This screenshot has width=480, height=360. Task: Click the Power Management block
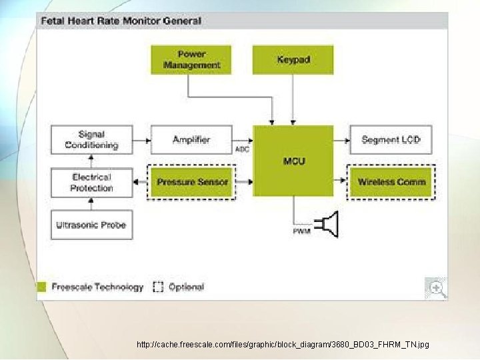191,59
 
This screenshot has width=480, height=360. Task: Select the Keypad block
293,59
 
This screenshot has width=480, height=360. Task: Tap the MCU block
293,161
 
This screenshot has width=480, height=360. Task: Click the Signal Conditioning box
91,140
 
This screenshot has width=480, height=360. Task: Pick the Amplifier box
191,140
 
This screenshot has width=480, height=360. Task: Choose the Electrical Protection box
91,183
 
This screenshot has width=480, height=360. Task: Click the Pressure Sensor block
192,182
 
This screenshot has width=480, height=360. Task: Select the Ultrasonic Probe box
91,225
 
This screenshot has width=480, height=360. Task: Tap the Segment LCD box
391,140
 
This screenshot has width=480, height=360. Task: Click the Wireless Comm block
391,182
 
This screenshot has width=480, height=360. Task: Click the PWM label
301,231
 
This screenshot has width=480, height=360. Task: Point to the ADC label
243,149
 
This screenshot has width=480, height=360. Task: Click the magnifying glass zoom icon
437,288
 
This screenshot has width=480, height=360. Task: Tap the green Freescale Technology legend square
41,287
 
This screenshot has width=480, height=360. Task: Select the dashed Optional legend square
158,287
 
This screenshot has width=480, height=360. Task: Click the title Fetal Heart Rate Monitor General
121,20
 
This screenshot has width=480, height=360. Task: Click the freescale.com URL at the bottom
283,345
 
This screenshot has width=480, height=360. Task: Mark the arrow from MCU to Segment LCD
341,140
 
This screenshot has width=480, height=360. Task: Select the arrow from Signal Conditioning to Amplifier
141,140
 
